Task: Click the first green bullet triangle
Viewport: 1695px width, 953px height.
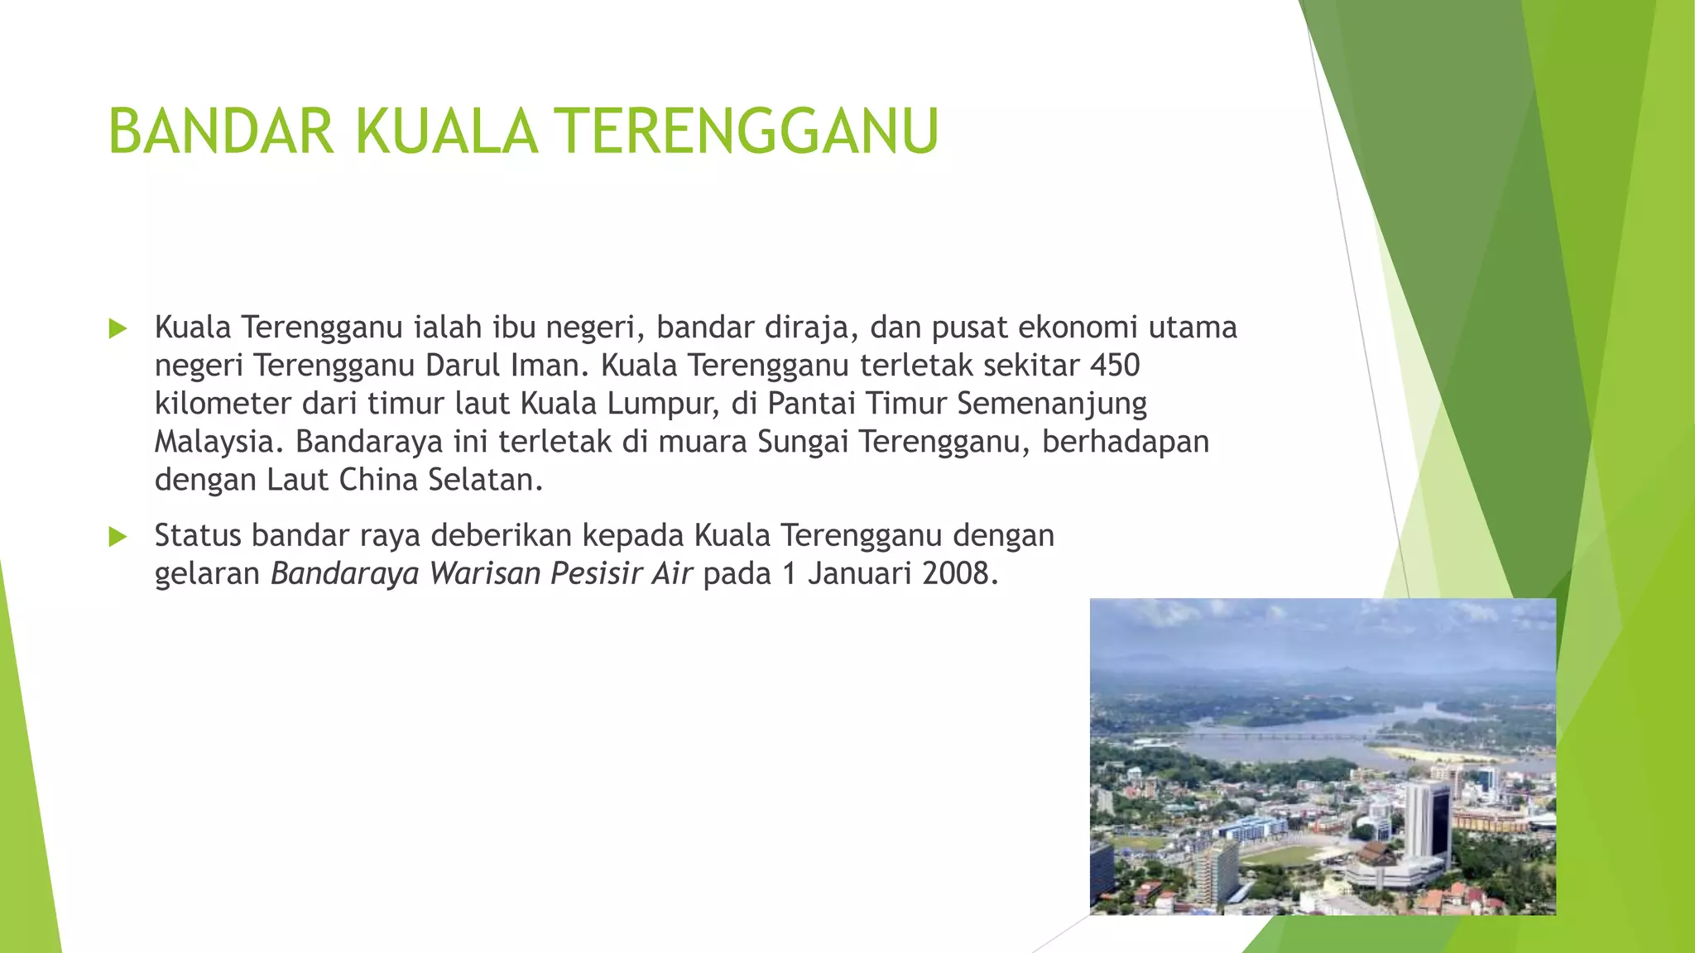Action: (x=118, y=328)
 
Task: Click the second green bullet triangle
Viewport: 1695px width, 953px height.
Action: (x=118, y=537)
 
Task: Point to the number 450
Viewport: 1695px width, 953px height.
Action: (x=1115, y=365)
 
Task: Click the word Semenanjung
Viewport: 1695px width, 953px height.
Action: (x=1052, y=404)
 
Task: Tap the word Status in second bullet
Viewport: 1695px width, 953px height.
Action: (x=199, y=536)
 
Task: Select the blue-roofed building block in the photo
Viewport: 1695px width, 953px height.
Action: (x=1250, y=827)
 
